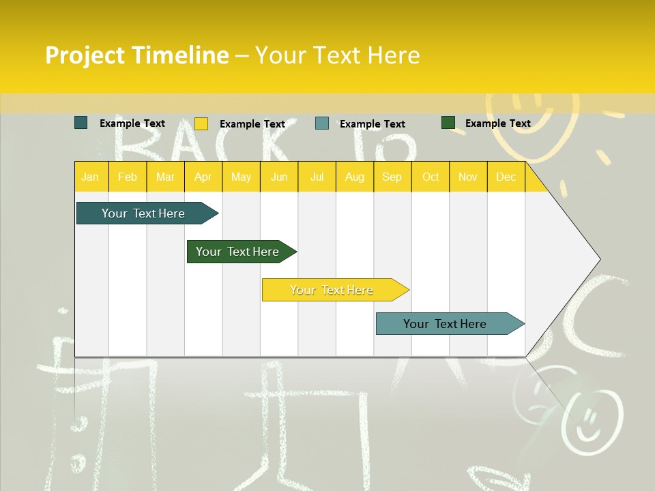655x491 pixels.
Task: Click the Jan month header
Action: pos(90,177)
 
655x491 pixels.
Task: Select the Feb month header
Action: pos(128,177)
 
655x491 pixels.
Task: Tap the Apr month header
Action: pos(203,177)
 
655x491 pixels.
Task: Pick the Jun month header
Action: pos(279,177)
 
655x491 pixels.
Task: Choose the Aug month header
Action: pos(354,177)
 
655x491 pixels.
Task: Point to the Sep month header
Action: pos(392,177)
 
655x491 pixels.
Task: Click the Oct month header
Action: pos(431,177)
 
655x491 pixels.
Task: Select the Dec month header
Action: pos(506,177)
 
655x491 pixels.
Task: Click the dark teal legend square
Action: pos(81,123)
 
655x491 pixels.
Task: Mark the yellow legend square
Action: pos(201,123)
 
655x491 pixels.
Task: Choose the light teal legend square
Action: pos(322,123)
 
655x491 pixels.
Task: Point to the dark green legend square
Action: pos(448,123)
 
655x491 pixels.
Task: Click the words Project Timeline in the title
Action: pos(136,55)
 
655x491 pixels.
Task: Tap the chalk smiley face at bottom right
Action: pos(592,416)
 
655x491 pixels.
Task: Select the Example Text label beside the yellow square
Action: pos(252,124)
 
